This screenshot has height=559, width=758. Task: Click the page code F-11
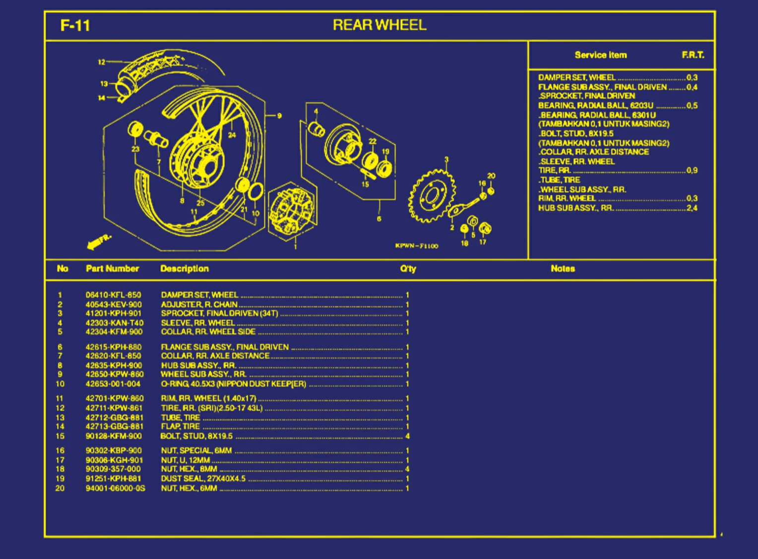click(x=75, y=25)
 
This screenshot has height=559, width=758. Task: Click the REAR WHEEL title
click(x=379, y=25)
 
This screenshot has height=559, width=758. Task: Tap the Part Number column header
click(x=112, y=268)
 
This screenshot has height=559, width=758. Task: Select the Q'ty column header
click(x=408, y=268)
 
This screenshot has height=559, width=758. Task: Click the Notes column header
click(x=563, y=268)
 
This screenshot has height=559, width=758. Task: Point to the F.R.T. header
click(x=693, y=55)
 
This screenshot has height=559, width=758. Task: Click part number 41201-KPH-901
click(x=113, y=313)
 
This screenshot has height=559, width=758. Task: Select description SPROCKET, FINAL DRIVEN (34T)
click(x=219, y=313)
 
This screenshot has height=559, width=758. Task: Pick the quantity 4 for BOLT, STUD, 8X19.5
click(x=407, y=436)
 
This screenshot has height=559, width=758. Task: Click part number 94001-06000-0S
click(x=115, y=488)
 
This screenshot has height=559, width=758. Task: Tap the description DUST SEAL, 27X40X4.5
click(x=203, y=479)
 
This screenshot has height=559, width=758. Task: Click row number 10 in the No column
click(x=60, y=384)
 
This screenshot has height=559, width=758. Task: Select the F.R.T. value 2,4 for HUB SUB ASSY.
click(x=692, y=208)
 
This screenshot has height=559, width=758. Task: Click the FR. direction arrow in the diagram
click(x=98, y=242)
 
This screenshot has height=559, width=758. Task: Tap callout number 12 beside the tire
click(x=101, y=62)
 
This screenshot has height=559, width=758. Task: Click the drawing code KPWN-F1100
click(x=416, y=246)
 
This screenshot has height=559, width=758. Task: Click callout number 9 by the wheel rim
click(x=279, y=116)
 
